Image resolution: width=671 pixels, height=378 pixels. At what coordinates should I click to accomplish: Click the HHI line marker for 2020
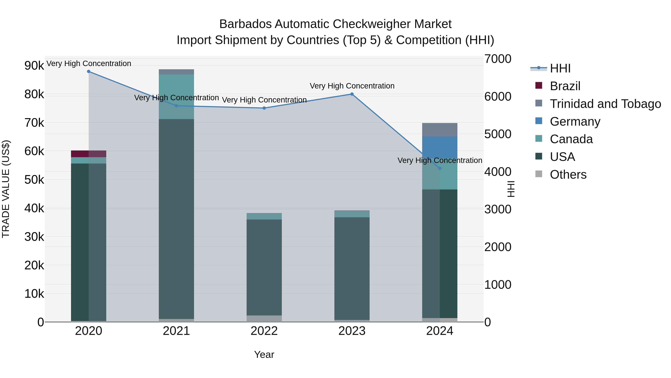(89, 71)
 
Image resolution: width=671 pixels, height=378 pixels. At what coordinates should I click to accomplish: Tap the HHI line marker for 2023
(352, 94)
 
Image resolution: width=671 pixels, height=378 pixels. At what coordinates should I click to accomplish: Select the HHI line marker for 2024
(440, 168)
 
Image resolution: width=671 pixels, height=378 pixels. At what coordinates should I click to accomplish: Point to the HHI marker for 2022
(264, 108)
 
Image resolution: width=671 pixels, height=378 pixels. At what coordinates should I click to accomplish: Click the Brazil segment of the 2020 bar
(89, 154)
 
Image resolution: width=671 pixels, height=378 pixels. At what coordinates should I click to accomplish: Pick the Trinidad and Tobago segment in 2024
(440, 130)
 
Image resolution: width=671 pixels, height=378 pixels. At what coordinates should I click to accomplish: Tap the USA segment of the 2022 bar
(264, 267)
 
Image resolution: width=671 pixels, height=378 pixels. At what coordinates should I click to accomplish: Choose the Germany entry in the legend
(575, 122)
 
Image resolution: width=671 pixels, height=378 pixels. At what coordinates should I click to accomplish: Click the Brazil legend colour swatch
(539, 85)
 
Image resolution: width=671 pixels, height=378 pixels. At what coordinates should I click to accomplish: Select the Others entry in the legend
(568, 175)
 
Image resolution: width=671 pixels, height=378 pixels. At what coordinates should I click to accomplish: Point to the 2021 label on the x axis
(176, 331)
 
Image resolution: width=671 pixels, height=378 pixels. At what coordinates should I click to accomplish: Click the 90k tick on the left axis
(34, 66)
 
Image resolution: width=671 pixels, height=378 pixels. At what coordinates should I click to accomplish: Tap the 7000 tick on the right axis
(497, 59)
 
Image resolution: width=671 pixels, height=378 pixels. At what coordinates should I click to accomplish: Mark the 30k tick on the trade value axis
(34, 237)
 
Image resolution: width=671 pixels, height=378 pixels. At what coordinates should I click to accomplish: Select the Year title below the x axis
(264, 354)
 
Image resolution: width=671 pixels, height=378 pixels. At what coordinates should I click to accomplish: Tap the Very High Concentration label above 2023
(352, 86)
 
